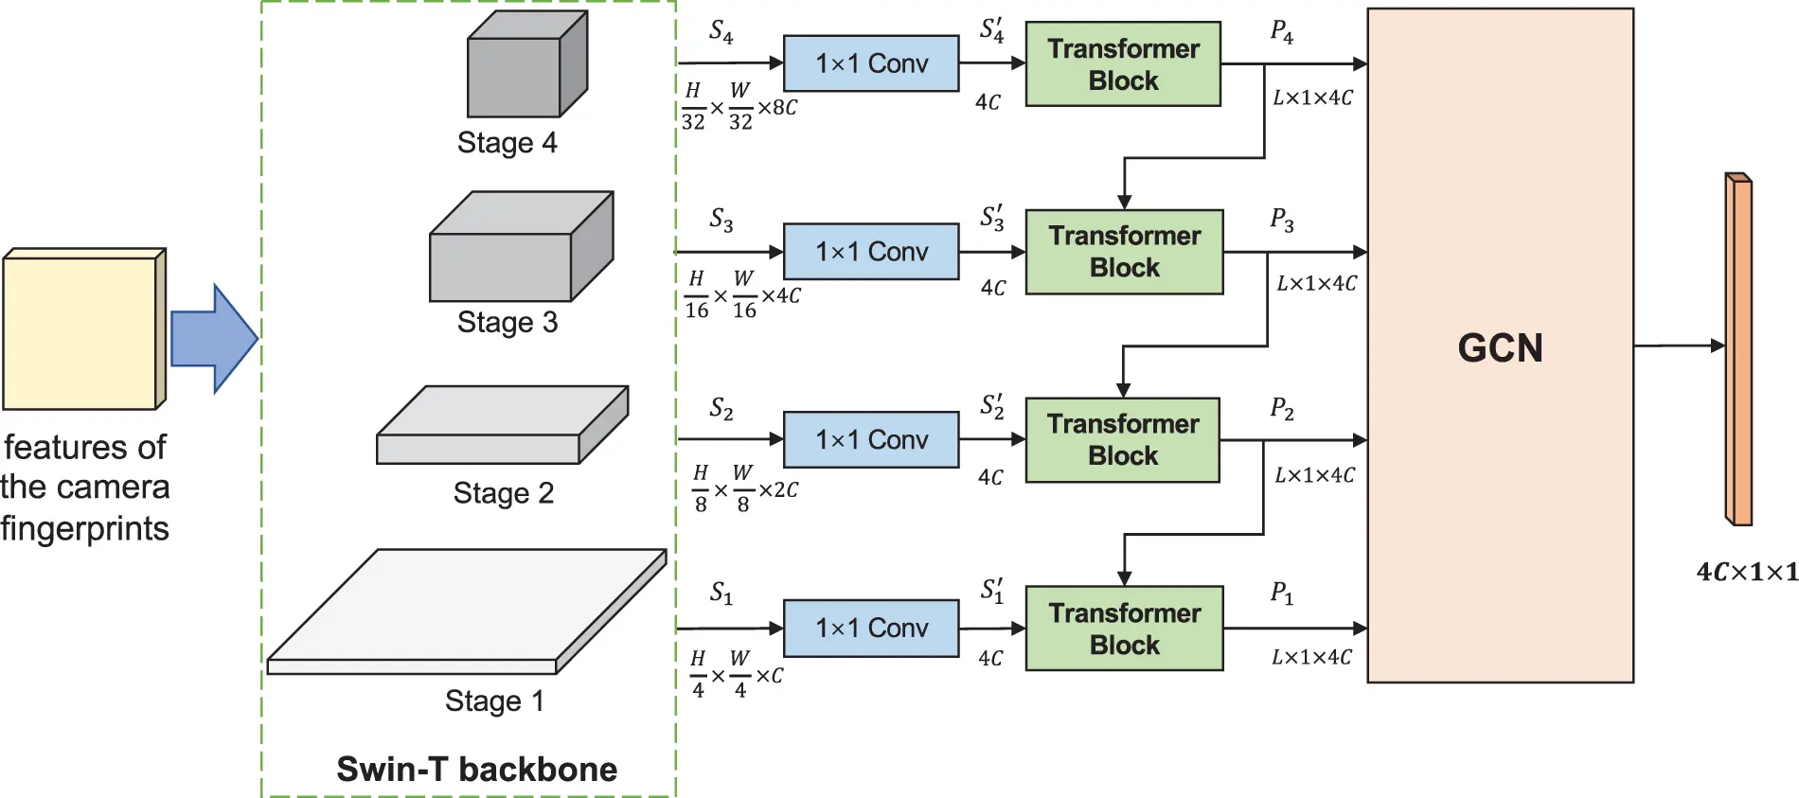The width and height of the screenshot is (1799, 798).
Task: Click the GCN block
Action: [1500, 346]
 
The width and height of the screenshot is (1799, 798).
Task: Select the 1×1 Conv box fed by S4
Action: [871, 63]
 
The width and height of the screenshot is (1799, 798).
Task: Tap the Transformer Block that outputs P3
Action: [1124, 252]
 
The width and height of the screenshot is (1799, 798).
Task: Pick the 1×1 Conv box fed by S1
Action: [871, 628]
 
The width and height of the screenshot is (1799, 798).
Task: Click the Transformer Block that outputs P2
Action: [1123, 440]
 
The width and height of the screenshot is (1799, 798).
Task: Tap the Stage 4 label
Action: [507, 143]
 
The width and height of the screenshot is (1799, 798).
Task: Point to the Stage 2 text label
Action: [503, 493]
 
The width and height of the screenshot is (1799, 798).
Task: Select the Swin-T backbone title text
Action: [476, 769]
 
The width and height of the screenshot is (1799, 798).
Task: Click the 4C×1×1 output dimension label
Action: [1746, 572]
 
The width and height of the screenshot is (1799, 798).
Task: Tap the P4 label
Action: [1281, 32]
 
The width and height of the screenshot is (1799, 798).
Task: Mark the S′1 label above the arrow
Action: [991, 591]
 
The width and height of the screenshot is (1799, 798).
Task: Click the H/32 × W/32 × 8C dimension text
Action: [739, 107]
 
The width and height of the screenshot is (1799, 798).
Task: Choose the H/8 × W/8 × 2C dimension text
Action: [744, 489]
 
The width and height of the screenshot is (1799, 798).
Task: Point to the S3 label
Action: [721, 220]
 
